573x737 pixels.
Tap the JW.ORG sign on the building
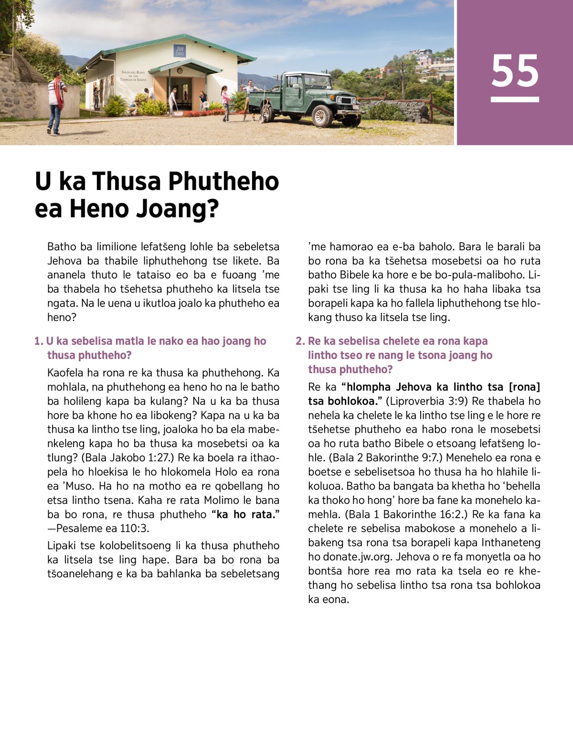click(x=180, y=51)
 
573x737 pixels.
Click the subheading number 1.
click(x=38, y=341)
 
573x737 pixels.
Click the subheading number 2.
click(x=299, y=341)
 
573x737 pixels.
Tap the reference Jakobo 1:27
click(x=140, y=458)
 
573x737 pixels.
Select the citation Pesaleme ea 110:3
click(x=106, y=528)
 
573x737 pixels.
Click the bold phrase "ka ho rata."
click(x=245, y=514)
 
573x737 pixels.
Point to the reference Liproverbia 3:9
click(x=426, y=401)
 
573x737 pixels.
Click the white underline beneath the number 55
click(x=515, y=99)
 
